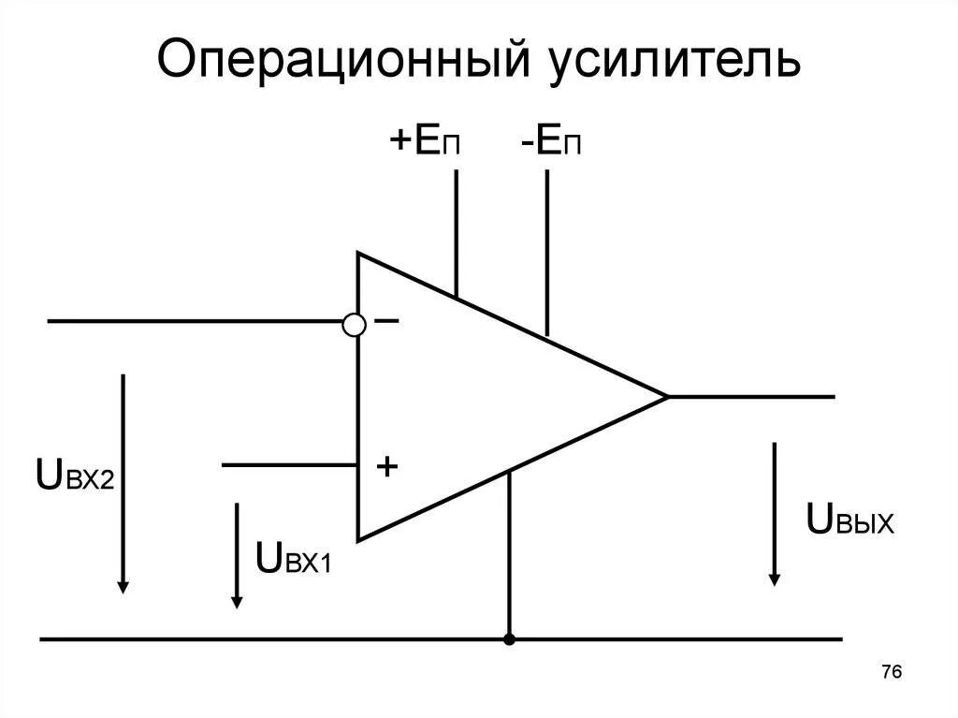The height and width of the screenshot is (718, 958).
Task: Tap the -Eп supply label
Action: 552,144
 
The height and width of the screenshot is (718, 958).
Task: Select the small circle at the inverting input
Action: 354,324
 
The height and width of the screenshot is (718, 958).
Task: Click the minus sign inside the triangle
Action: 386,321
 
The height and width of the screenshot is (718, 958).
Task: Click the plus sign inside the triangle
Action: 386,465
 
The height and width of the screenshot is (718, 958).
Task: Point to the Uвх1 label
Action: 293,558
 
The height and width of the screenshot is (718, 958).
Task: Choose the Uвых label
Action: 849,520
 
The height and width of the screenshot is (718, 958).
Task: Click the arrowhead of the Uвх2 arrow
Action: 123,584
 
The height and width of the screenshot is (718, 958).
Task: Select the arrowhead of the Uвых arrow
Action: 775,577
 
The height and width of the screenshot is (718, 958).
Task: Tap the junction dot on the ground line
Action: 509,640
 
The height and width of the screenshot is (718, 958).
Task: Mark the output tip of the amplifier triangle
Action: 666,396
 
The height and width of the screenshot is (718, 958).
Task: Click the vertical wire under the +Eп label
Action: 457,229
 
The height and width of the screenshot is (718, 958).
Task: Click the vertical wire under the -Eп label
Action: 546,248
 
